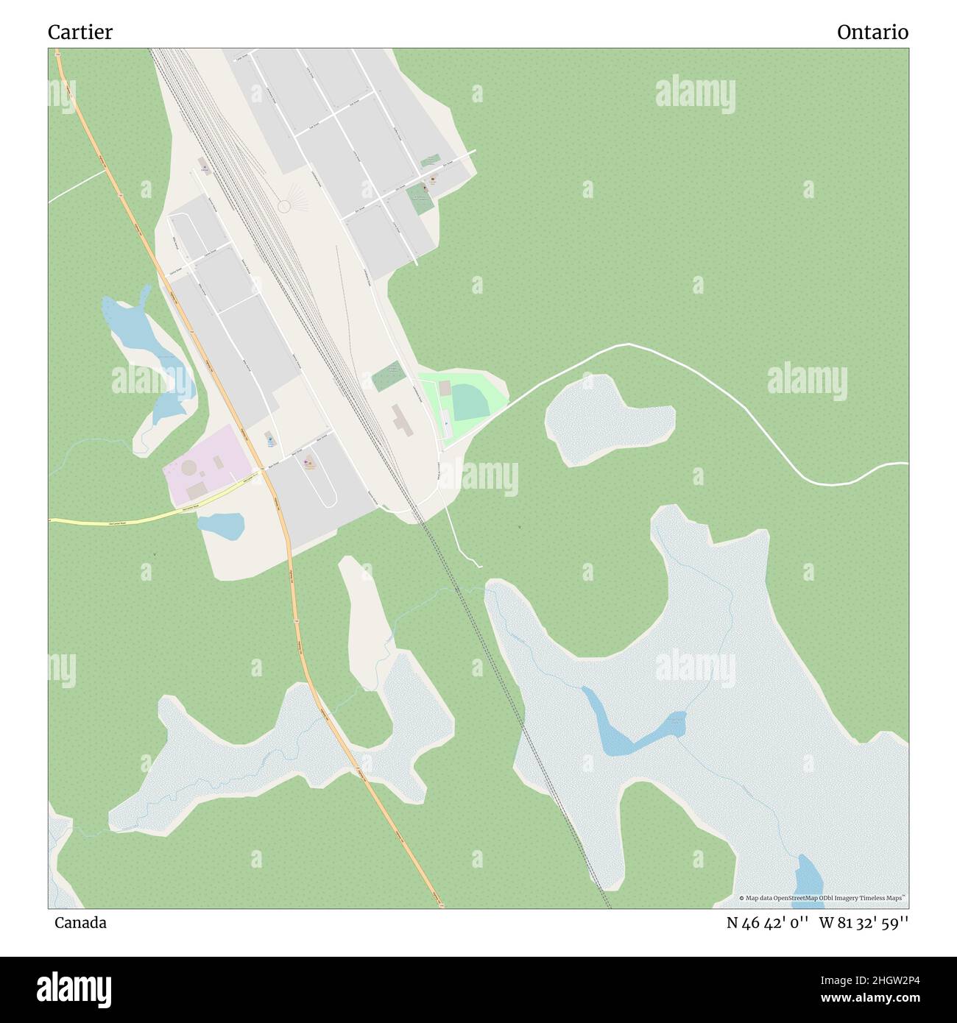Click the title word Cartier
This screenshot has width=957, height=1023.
[x=80, y=32]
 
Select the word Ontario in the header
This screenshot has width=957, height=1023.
[x=872, y=32]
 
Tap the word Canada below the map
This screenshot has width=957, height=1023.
[x=80, y=923]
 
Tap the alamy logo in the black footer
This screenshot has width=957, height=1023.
[x=74, y=987]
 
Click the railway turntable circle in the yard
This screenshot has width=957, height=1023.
[x=283, y=207]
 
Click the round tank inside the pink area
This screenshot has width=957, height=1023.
[x=190, y=467]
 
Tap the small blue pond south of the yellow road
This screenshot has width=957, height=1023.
[x=221, y=525]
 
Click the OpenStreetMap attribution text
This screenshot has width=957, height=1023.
[x=824, y=898]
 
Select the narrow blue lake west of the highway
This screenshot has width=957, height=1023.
[x=147, y=346]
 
